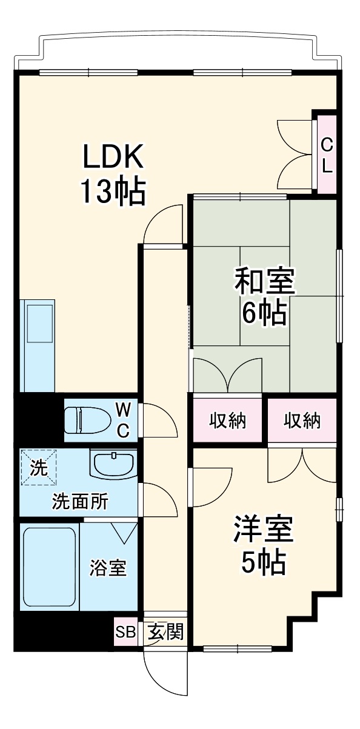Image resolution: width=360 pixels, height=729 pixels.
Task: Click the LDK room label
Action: coord(113,158)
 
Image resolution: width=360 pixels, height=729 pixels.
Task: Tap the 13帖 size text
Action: coord(113,192)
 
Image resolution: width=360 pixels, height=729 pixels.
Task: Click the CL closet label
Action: coord(327,156)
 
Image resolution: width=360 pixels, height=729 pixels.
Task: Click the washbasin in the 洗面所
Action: coord(113,464)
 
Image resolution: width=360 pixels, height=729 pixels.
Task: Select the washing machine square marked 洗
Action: coord(38,467)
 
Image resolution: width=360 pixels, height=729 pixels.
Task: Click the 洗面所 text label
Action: coord(80,502)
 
